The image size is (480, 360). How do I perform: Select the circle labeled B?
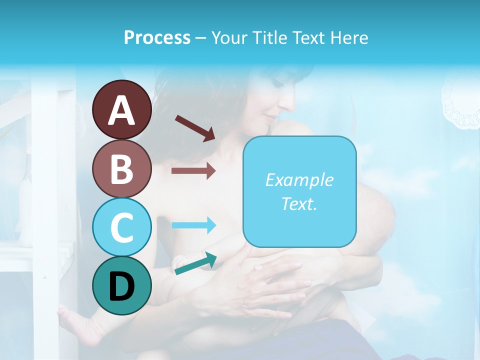pos(122,168)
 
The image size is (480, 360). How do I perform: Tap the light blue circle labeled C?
pos(122,227)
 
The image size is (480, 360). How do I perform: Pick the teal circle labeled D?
pos(122,285)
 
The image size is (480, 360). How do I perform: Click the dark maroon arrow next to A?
pos(195,127)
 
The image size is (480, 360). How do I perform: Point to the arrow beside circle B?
pos(193,171)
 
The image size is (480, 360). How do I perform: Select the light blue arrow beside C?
pos(193,225)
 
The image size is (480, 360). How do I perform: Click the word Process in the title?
pos(157,37)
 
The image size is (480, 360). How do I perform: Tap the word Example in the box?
pos(299,180)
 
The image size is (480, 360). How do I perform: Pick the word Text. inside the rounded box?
pos(299,203)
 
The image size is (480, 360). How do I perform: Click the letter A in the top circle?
pos(122,111)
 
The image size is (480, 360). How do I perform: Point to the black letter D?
pos(122,287)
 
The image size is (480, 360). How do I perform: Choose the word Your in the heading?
pos(228,37)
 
